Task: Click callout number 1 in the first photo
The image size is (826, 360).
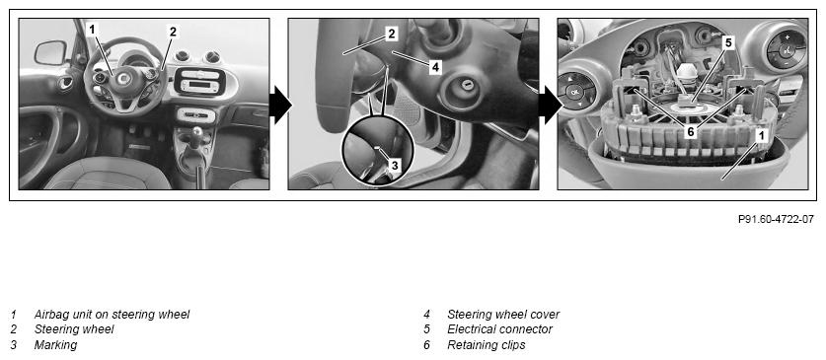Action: point(92,30)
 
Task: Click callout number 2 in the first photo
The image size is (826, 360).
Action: point(173,32)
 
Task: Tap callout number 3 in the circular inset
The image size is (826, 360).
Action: point(395,166)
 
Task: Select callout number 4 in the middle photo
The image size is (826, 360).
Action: point(434,67)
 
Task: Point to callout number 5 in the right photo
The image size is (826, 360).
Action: point(728,43)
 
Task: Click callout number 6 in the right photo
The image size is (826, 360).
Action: point(690,132)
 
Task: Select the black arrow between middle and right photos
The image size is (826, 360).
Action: point(550,105)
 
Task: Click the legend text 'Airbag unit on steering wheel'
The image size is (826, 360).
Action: point(112,315)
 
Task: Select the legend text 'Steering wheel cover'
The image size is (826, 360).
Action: point(503,315)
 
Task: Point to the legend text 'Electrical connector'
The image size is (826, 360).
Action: point(499,329)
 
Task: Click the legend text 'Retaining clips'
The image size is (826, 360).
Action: point(486,345)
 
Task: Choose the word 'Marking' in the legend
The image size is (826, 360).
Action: point(55,345)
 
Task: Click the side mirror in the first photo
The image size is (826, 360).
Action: point(50,52)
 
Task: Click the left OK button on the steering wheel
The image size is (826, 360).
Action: point(573,93)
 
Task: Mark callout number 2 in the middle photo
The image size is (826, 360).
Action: point(391,35)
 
